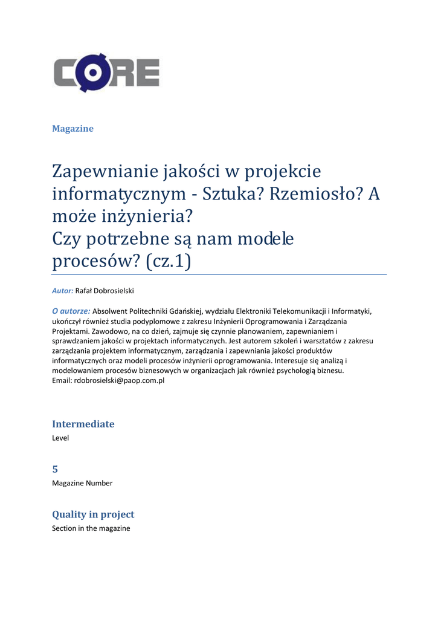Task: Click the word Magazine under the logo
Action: point(72,128)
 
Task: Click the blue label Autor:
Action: point(62,291)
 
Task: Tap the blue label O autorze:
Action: point(71,311)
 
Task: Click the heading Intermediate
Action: point(83,424)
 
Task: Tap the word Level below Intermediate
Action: point(60,438)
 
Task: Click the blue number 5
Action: point(55,469)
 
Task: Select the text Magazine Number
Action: point(82,483)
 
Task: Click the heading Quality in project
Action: point(93,514)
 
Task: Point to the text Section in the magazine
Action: point(91,528)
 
